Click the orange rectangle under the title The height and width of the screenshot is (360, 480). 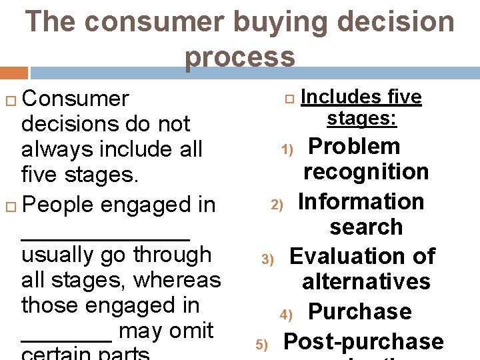pos(14,73)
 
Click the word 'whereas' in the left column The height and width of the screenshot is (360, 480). pos(177,279)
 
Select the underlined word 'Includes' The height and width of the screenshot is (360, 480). pos(334,97)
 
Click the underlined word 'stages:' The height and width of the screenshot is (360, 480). pos(362,119)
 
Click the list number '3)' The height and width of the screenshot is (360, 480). pos(267,259)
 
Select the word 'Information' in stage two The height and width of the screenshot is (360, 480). pos(361,201)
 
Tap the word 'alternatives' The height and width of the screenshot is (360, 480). pos(366,281)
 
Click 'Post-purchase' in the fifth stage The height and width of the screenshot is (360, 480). pos(363,341)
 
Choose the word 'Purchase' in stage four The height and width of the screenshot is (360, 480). pos(360,311)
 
